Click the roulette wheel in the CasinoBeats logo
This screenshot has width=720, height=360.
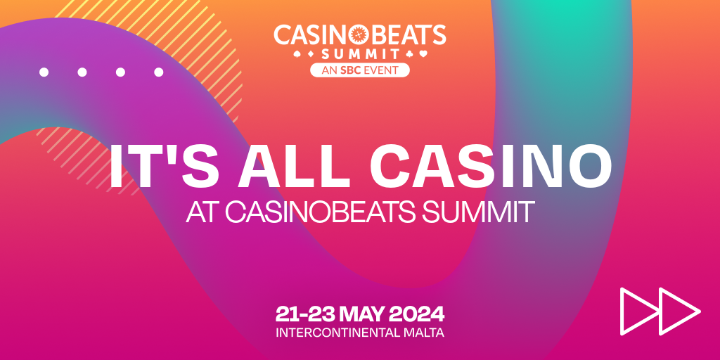(359, 34)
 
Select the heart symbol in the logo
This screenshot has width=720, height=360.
(425, 53)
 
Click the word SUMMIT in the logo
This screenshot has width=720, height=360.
(359, 53)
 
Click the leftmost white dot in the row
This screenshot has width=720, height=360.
(44, 72)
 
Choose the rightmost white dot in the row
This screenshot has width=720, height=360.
(159, 72)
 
